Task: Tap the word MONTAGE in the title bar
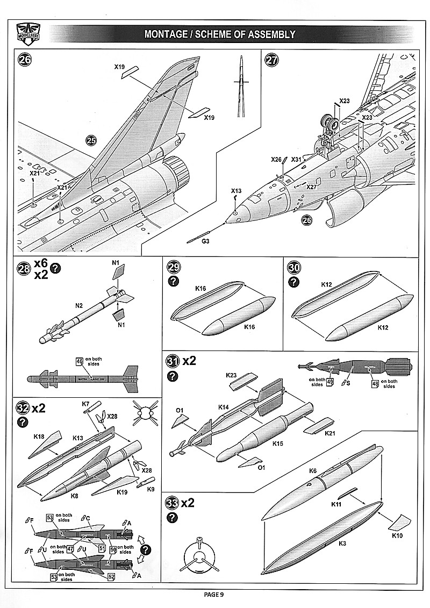point(166,34)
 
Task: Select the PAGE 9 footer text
point(214,594)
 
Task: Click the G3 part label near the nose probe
point(205,242)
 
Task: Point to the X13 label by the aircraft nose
point(236,191)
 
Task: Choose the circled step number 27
point(272,60)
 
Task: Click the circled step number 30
point(294,268)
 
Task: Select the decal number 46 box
point(80,362)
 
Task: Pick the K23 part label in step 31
point(231,375)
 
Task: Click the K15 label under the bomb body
point(277,444)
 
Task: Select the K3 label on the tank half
point(343,543)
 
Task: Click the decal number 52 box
point(111,576)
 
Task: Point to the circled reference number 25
point(91,140)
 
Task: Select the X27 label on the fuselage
point(312,187)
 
